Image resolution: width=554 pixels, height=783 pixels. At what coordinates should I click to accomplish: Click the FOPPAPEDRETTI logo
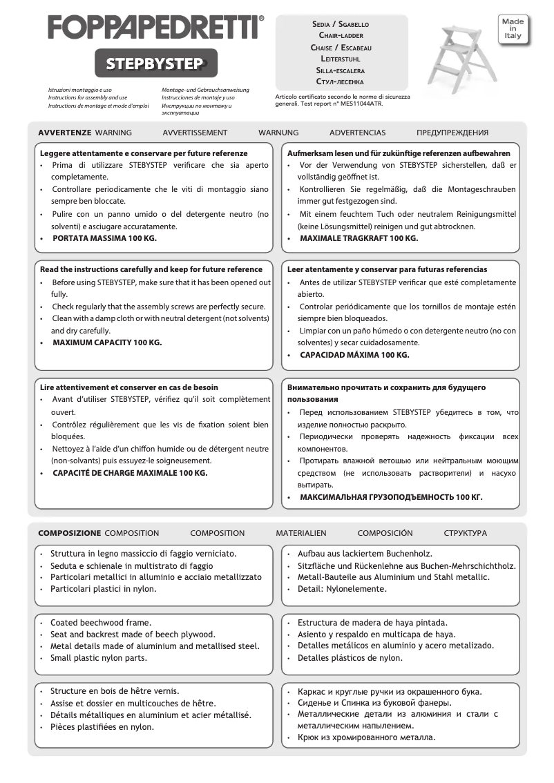(x=155, y=28)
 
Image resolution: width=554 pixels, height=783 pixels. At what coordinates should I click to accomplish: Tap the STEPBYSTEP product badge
(x=155, y=64)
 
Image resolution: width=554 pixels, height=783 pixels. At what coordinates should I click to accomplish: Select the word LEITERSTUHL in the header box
(x=341, y=59)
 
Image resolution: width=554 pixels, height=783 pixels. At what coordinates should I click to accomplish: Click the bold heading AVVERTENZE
(x=64, y=133)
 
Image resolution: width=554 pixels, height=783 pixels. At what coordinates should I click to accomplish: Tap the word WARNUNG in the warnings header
(x=278, y=133)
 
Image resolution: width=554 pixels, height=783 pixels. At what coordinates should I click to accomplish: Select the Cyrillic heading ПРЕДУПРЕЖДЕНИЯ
(x=452, y=133)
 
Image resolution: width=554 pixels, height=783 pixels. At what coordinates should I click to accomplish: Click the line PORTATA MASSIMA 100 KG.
(x=104, y=238)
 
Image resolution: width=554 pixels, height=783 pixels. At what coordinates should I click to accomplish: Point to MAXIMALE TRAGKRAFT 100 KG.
(x=359, y=238)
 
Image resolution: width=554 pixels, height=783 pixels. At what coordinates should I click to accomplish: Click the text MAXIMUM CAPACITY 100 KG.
(x=107, y=342)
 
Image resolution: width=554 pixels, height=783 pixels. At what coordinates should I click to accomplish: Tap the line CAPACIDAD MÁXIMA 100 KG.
(x=354, y=355)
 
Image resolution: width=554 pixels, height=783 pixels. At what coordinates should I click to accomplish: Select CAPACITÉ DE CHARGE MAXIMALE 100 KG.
(x=130, y=473)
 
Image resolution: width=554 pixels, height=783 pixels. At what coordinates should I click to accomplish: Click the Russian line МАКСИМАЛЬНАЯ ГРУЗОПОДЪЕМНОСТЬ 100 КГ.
(x=391, y=496)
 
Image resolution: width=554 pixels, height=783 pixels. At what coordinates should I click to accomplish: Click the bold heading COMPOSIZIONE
(x=69, y=533)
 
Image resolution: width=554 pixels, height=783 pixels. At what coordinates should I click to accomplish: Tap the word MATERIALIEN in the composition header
(x=301, y=533)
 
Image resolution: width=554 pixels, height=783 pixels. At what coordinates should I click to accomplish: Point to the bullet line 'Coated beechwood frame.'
(x=100, y=622)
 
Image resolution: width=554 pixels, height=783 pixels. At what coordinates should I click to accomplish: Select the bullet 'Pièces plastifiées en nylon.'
(x=102, y=726)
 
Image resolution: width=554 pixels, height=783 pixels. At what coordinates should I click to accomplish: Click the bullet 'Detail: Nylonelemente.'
(x=342, y=589)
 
